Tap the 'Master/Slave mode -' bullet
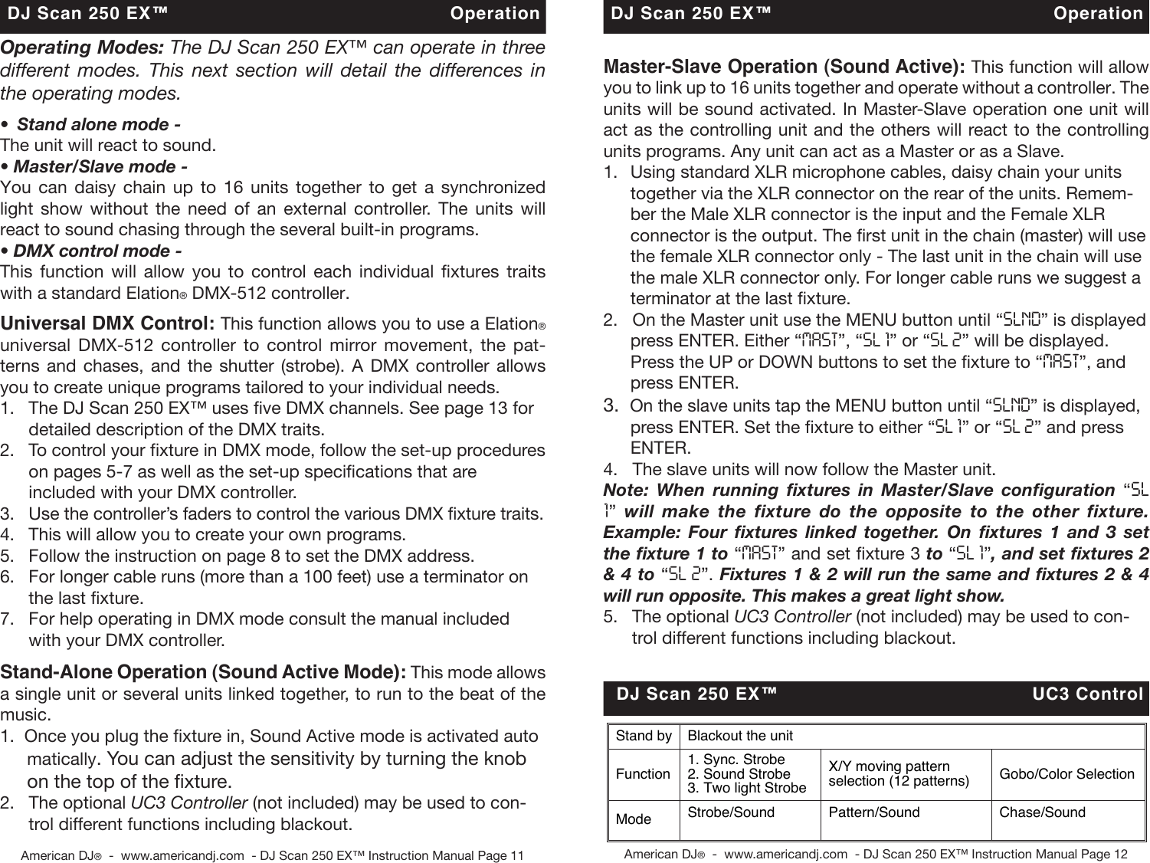[95, 166]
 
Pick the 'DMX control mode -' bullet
[91, 251]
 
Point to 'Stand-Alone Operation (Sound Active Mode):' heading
[203, 672]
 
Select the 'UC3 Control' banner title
[1087, 694]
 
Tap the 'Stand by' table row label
[644, 736]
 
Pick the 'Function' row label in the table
[643, 774]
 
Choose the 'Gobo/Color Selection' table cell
[1066, 774]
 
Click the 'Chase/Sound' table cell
[1042, 812]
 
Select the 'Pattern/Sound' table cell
[873, 812]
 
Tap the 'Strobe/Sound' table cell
[731, 812]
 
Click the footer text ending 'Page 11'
[272, 855]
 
